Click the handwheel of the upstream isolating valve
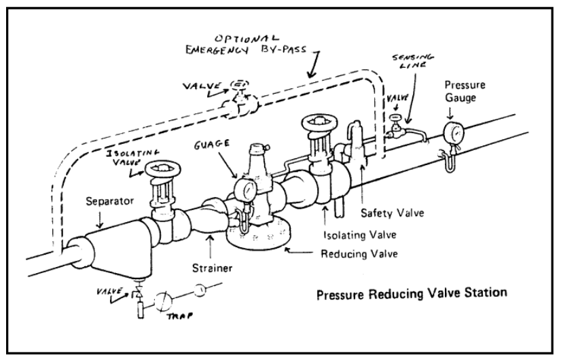(161, 168)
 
